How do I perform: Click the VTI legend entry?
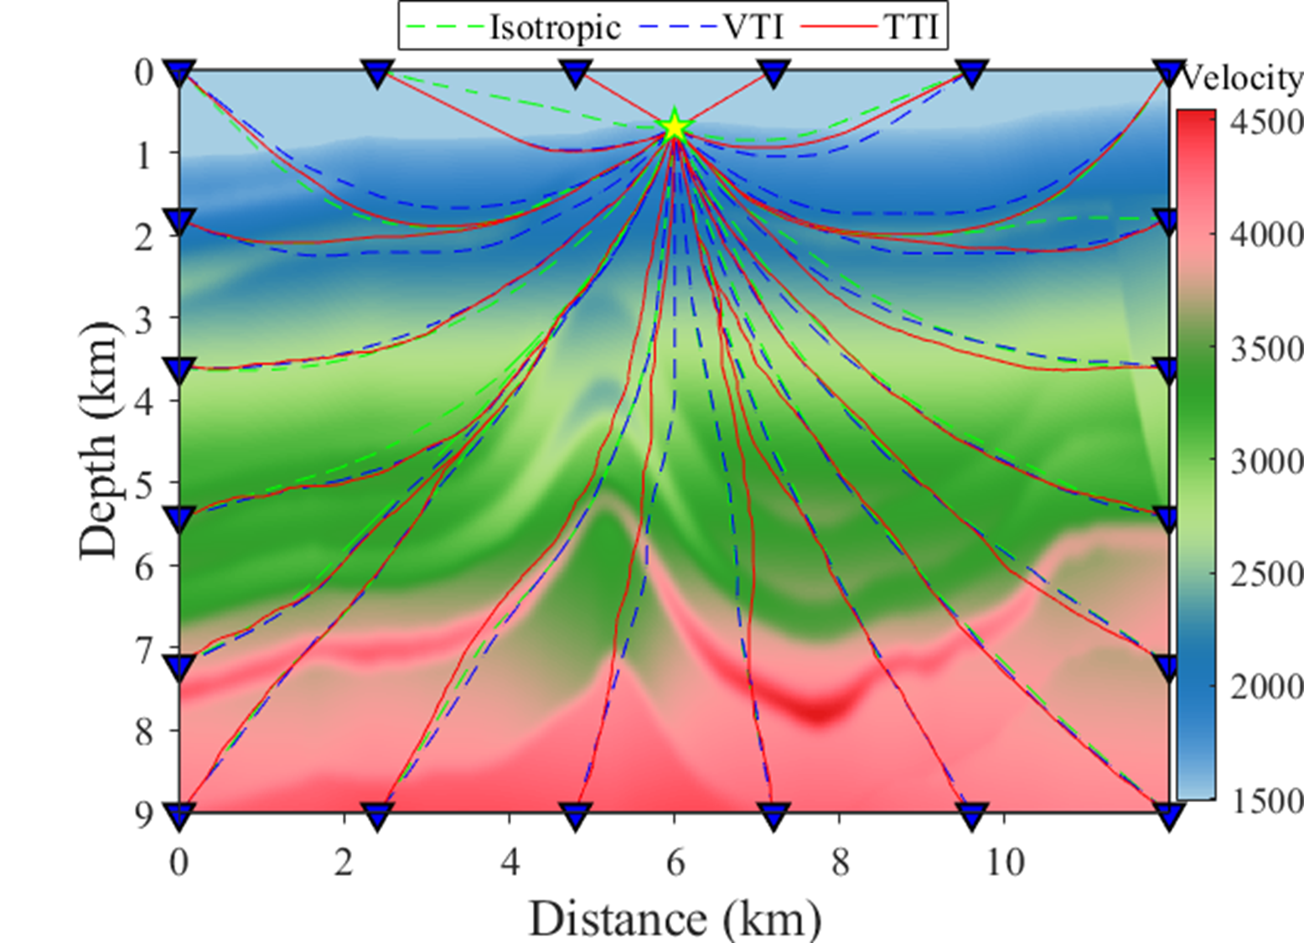pyautogui.click(x=712, y=27)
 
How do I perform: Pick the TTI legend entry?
pyautogui.click(x=871, y=27)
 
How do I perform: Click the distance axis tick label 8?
pyautogui.click(x=840, y=862)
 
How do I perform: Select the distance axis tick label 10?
pyautogui.click(x=1005, y=862)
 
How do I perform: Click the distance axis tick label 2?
pyautogui.click(x=344, y=862)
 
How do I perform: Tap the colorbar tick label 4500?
pyautogui.click(x=1267, y=122)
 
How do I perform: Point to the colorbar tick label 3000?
pyautogui.click(x=1267, y=462)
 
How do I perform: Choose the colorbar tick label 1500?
pyautogui.click(x=1267, y=802)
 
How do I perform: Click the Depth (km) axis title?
pyautogui.click(x=99, y=440)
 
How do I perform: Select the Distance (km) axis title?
pyautogui.click(x=675, y=920)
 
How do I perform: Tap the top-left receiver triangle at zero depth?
pyautogui.click(x=179, y=74)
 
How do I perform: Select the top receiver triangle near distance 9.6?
pyautogui.click(x=971, y=74)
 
